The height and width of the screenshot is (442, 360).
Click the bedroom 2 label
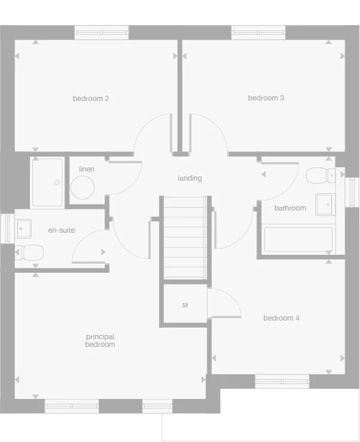[91, 99]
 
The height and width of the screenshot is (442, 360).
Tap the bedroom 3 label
[266, 98]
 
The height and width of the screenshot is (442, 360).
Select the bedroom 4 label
[282, 318]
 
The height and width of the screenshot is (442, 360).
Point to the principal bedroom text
[100, 341]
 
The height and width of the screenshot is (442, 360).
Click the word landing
[190, 178]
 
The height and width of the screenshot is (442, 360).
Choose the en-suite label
[62, 230]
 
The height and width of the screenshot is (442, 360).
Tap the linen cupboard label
[87, 169]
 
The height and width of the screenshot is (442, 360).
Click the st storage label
[185, 305]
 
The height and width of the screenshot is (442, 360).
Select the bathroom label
[290, 208]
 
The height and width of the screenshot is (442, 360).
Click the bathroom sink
[324, 203]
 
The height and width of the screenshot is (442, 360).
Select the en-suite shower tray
[47, 182]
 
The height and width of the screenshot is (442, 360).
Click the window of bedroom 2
[102, 33]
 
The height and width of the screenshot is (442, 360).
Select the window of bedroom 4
[282, 381]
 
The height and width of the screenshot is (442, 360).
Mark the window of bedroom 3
[258, 33]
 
